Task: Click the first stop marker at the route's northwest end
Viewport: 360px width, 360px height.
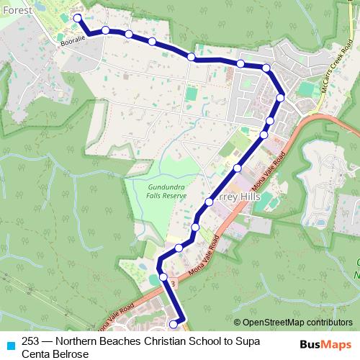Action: click(78, 19)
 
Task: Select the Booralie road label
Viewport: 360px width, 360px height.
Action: click(73, 42)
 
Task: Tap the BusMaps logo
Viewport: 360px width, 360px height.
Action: click(325, 344)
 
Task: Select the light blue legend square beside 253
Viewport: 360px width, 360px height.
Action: click(9, 344)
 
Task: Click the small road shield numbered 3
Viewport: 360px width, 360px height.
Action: click(173, 284)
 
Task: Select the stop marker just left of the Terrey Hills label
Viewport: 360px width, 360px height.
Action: click(210, 202)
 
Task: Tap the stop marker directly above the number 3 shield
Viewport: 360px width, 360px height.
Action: click(163, 277)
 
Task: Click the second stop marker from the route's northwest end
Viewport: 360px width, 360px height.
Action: click(105, 30)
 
